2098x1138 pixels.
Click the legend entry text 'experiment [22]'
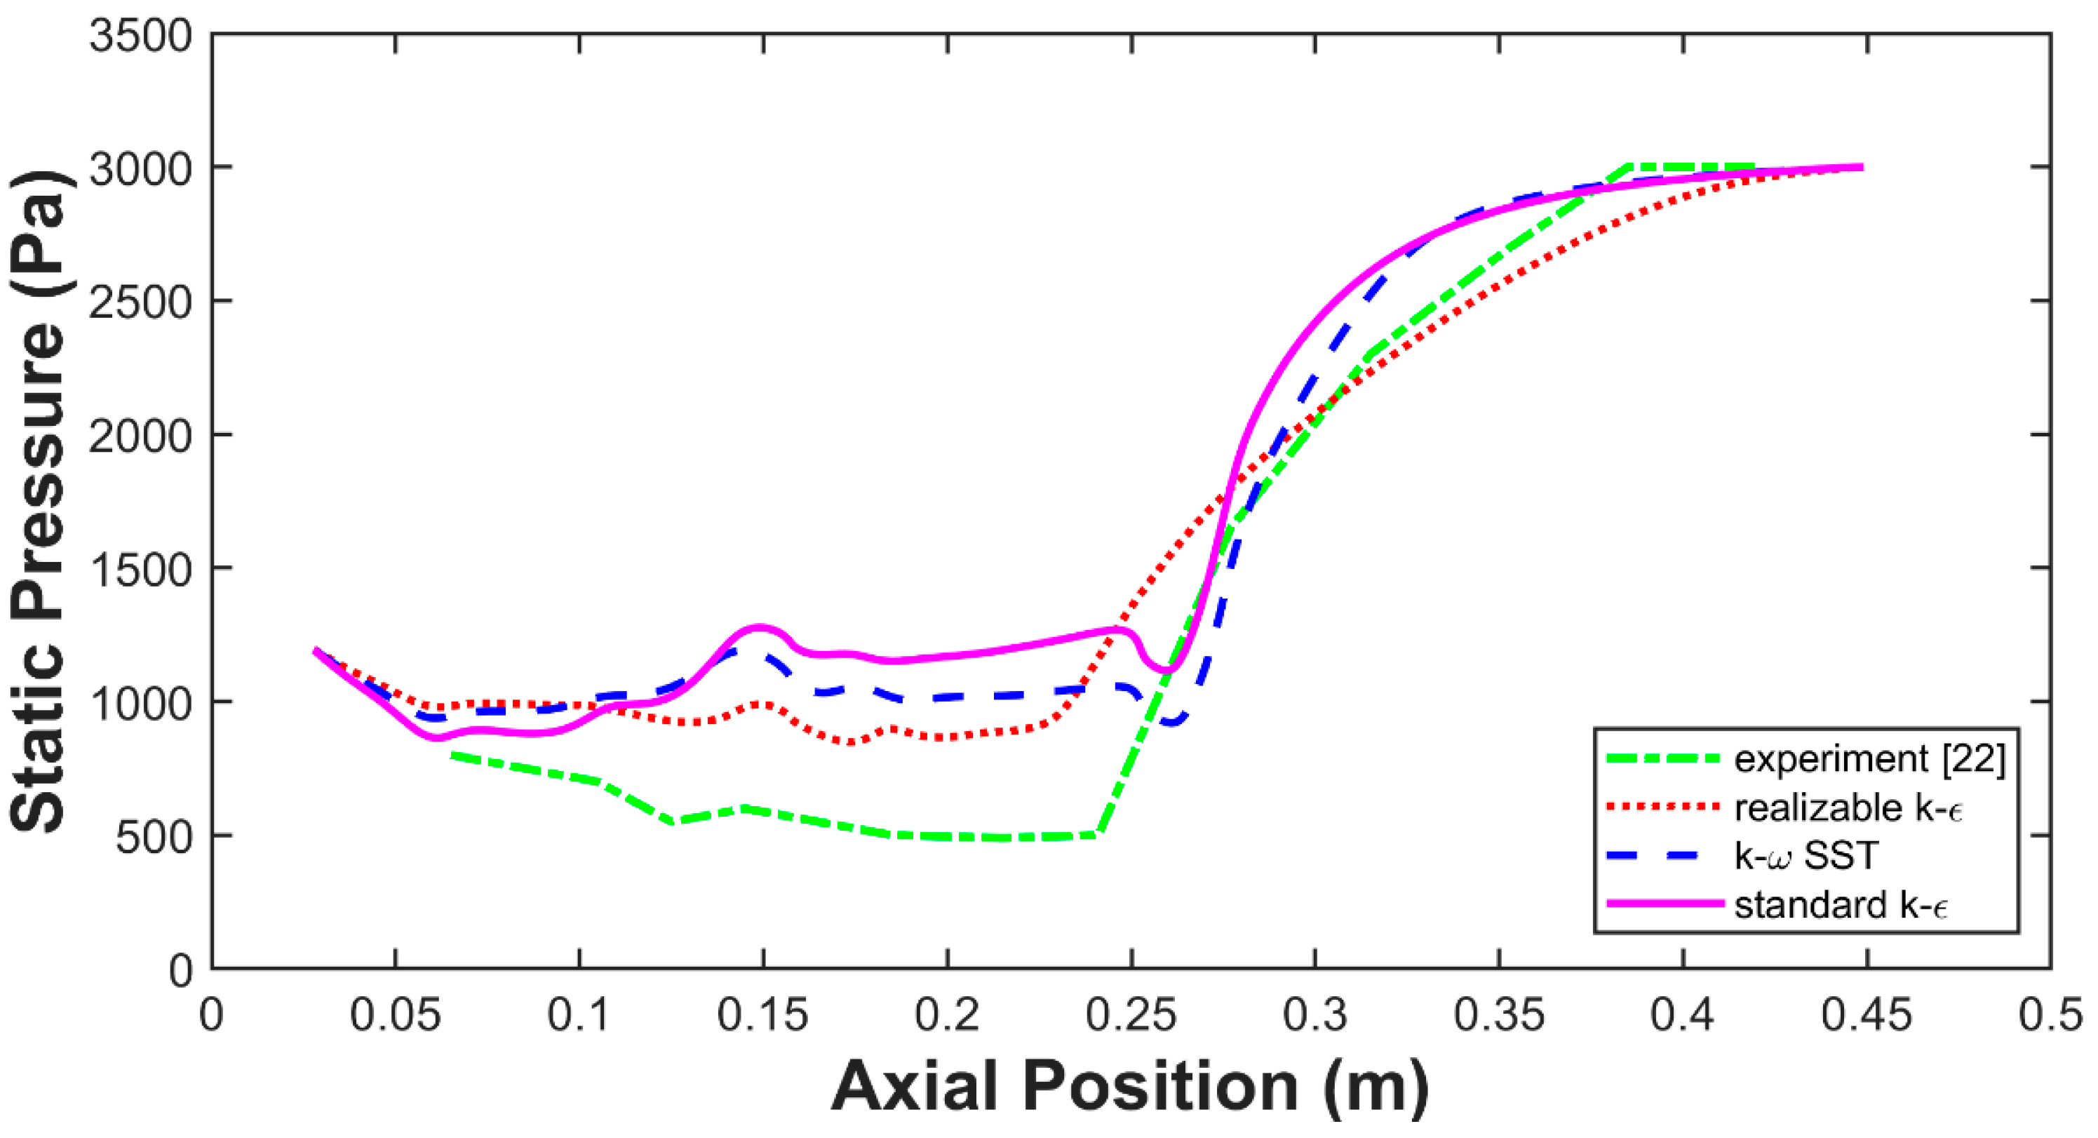tap(1869, 759)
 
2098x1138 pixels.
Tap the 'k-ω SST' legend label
tap(1806, 856)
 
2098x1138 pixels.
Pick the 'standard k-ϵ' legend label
tap(1841, 905)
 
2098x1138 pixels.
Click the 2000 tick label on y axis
tap(140, 436)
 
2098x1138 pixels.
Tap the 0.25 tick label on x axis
tap(1131, 1016)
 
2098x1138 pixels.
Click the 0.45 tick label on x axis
tap(1866, 1016)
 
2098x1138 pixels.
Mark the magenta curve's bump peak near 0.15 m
tap(760, 627)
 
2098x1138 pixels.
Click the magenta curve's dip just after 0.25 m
tap(1167, 669)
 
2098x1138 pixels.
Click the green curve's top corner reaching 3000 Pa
tap(1628, 166)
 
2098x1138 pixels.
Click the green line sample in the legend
tap(1662, 759)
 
